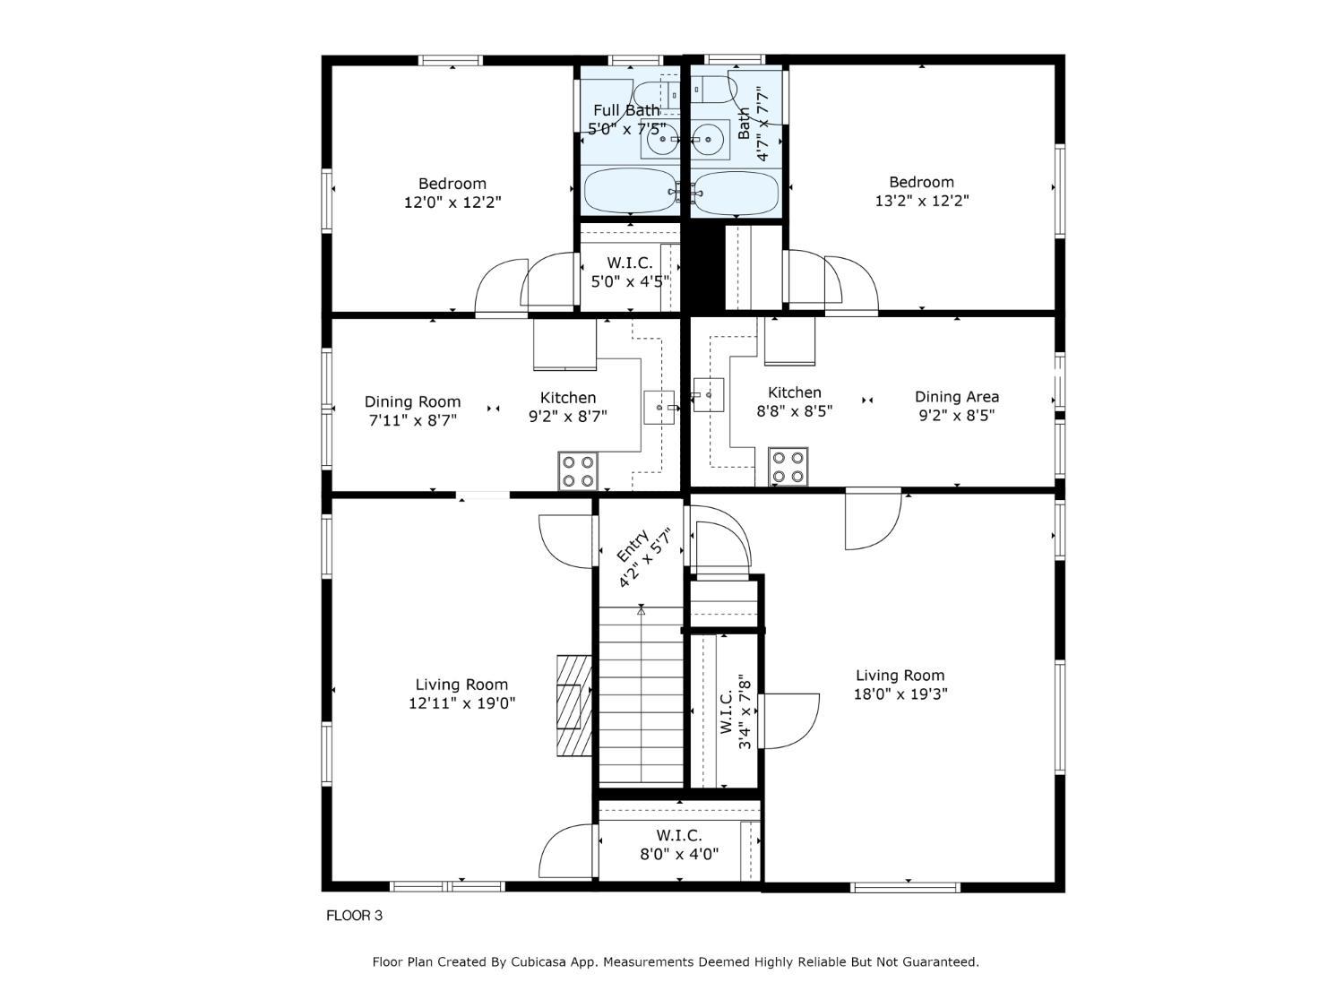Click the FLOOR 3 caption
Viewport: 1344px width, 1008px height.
354,916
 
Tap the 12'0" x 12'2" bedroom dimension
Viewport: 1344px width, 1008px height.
452,202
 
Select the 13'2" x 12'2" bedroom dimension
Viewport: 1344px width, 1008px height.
921,201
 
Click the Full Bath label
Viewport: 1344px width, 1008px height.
626,110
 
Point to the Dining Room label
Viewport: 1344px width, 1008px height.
412,402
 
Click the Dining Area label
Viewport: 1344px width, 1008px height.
956,397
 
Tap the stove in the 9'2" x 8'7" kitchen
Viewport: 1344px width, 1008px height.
577,470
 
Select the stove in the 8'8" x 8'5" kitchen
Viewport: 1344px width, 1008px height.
788,466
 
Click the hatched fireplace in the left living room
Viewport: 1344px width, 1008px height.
573,706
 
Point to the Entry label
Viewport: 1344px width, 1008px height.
632,547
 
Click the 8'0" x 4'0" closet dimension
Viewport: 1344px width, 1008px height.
679,854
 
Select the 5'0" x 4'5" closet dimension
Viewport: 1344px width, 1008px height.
630,281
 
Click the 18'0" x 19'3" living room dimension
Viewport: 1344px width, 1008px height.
900,694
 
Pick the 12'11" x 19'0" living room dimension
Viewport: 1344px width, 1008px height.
461,703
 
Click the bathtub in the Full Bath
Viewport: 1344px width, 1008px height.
631,192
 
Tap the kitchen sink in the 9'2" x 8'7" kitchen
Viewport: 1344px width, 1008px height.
659,408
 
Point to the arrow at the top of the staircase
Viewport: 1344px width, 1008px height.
641,609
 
